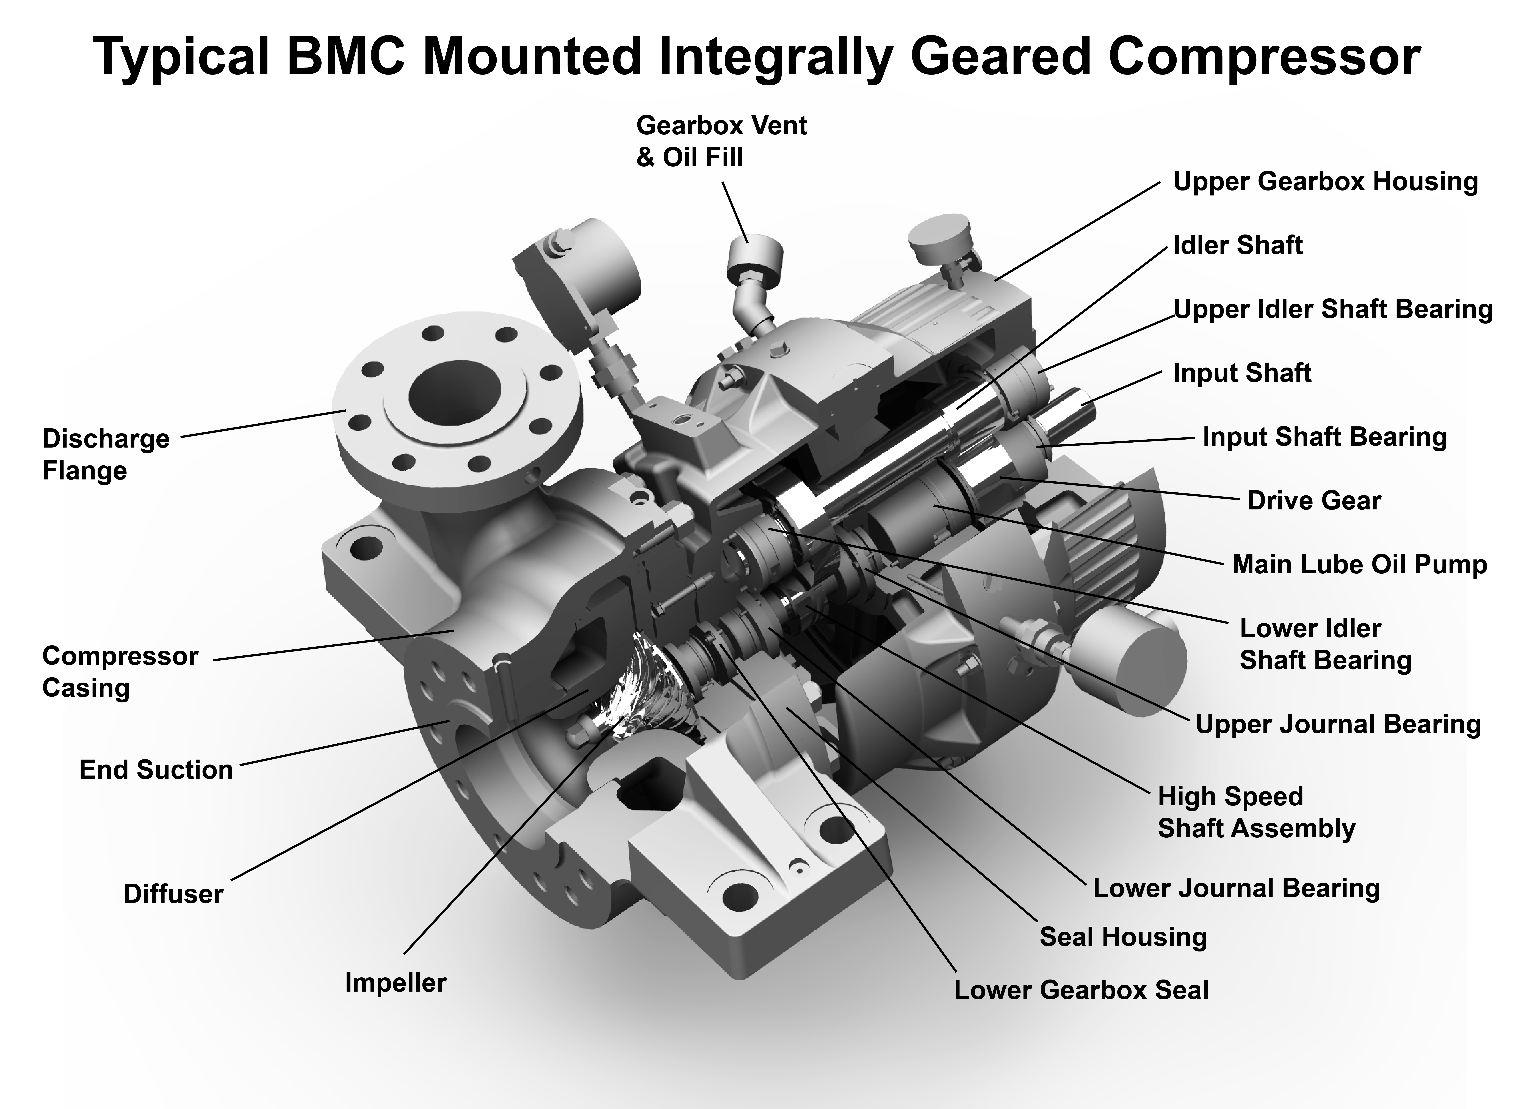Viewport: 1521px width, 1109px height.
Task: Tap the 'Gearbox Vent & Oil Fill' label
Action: click(x=721, y=141)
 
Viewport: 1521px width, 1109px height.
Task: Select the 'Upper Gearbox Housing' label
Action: click(x=1326, y=181)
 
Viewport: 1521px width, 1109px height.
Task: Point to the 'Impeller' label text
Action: click(x=395, y=983)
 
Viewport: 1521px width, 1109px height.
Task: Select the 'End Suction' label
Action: click(x=156, y=769)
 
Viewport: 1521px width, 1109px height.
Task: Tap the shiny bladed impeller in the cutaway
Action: click(x=638, y=691)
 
